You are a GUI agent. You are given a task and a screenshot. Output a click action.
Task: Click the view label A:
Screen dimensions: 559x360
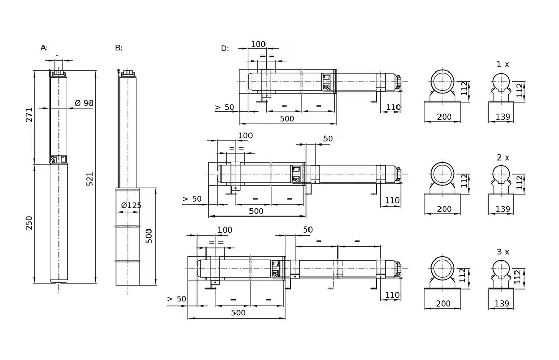click(44, 48)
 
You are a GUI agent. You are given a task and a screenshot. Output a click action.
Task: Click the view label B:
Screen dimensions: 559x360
click(119, 48)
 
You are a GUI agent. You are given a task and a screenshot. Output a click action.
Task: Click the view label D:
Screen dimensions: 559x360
click(225, 49)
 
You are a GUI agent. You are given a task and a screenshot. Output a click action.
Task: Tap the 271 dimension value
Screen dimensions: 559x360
click(29, 115)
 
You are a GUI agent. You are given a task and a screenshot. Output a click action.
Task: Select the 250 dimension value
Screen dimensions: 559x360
click(29, 223)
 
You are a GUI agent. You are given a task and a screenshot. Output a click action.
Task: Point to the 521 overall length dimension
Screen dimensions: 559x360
click(90, 179)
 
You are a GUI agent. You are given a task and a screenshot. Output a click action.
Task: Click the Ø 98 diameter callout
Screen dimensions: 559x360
click(84, 103)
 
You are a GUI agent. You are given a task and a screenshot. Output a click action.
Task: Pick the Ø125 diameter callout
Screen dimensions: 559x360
click(131, 205)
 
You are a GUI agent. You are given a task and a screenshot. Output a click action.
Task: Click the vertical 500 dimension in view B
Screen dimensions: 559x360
click(149, 236)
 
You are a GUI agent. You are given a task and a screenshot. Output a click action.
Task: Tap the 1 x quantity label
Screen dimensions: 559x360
click(503, 64)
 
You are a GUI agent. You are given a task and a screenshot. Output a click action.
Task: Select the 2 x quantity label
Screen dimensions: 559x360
click(503, 157)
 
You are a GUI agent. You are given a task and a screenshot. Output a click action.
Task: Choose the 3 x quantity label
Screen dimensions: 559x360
click(503, 252)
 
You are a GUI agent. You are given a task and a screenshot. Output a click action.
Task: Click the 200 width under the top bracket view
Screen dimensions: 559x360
click(444, 117)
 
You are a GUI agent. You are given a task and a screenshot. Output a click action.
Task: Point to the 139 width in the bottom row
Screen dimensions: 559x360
click(502, 304)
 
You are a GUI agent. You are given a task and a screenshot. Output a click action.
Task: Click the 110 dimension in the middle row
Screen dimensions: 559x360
click(392, 200)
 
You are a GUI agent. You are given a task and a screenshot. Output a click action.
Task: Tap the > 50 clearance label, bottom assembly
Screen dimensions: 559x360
click(176, 299)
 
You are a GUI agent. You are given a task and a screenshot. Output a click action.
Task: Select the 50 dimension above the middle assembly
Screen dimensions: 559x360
click(328, 139)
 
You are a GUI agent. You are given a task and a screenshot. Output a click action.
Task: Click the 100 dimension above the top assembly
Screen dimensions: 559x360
click(258, 44)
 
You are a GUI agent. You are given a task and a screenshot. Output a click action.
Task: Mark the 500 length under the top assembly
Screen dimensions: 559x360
click(287, 119)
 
